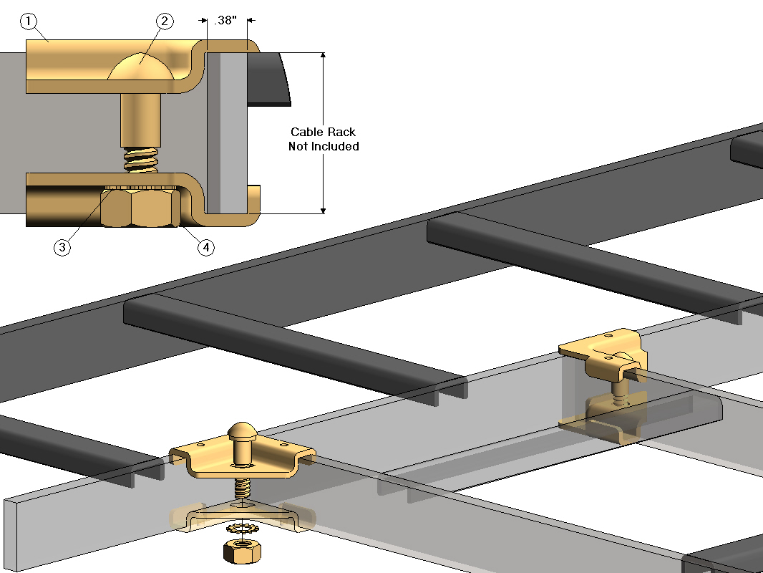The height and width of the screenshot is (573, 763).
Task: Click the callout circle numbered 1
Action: click(29, 21)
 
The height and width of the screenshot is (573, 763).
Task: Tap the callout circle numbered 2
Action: click(165, 21)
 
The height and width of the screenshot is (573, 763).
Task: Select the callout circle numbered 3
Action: click(63, 247)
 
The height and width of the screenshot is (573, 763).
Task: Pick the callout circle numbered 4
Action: click(205, 247)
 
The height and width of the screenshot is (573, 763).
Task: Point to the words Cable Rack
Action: click(323, 132)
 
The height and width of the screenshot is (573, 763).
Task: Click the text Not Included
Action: click(323, 146)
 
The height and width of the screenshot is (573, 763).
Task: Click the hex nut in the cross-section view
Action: click(140, 208)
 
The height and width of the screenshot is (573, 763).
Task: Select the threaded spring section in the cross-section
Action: click(140, 160)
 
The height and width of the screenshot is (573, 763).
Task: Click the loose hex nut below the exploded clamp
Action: click(241, 552)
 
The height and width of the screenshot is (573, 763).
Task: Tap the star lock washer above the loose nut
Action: click(241, 529)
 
